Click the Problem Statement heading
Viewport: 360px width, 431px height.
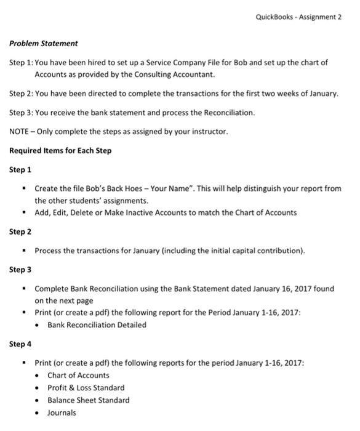[44, 43]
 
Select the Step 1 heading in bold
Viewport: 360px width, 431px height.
[20, 169]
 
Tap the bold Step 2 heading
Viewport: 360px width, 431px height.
[20, 232]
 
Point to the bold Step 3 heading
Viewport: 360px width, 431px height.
[20, 269]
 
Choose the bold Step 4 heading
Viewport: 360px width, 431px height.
[20, 344]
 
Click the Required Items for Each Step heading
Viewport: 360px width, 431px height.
[60, 150]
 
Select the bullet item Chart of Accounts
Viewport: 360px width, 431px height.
[78, 375]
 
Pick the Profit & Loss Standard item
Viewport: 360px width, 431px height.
[86, 387]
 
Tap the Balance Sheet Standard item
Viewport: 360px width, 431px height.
[88, 400]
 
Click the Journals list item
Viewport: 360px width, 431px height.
[62, 413]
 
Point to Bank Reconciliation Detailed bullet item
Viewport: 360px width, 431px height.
[97, 324]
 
